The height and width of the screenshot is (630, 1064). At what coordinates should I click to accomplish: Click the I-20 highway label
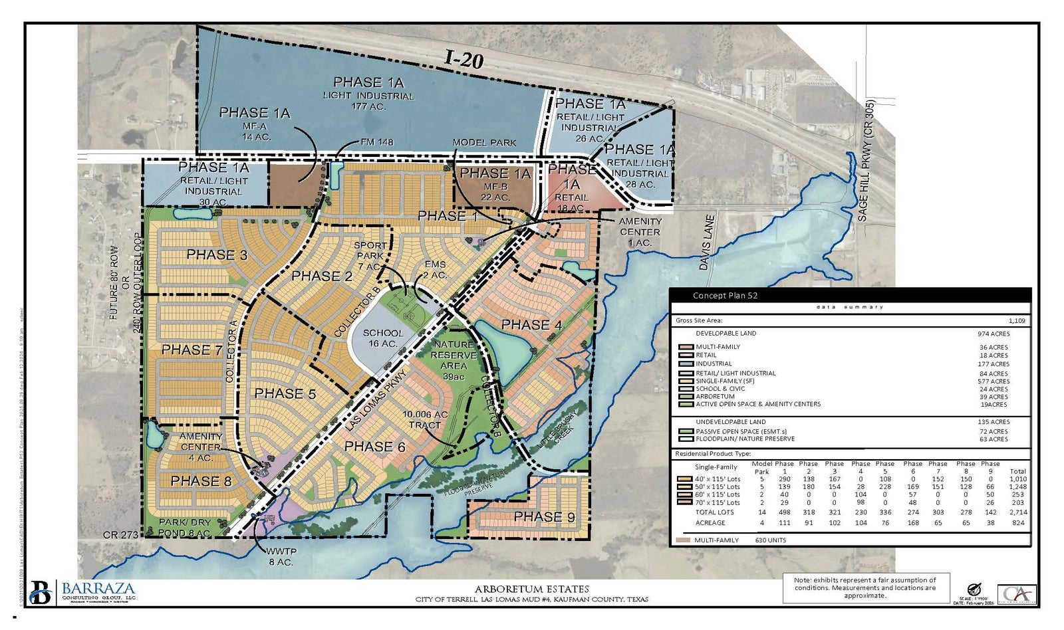tap(464, 60)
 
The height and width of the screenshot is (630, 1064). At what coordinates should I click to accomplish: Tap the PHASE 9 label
tap(544, 517)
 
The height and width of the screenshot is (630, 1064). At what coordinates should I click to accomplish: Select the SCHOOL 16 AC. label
tap(382, 338)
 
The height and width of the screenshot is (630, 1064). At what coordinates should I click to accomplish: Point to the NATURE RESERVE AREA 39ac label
tap(453, 360)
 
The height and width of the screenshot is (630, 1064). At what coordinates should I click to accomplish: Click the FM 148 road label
tap(378, 142)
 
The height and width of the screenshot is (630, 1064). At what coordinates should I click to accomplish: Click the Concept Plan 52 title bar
tap(850, 296)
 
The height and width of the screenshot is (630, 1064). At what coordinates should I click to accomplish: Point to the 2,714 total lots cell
tap(1017, 512)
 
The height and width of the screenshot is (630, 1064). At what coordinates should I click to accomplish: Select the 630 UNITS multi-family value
tap(770, 540)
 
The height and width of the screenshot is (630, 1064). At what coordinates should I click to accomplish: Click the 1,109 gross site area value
tap(1017, 320)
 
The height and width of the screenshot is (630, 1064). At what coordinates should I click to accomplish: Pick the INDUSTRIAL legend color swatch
tap(686, 364)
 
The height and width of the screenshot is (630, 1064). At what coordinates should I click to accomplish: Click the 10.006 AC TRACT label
tap(426, 419)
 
